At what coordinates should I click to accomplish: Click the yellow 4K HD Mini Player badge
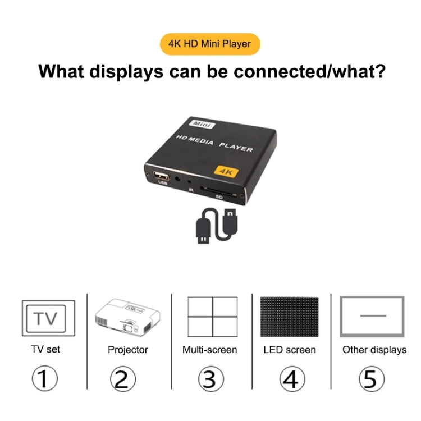[x=210, y=43]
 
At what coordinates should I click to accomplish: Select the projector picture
[x=129, y=317]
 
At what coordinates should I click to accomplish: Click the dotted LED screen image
[x=289, y=317]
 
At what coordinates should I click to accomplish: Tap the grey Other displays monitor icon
[x=373, y=316]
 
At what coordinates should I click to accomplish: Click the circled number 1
[x=44, y=379]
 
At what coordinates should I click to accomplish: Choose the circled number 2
[x=122, y=379]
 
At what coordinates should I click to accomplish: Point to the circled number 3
[x=209, y=379]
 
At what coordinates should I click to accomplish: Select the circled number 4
[x=290, y=379]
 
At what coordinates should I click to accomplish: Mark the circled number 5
[x=370, y=379]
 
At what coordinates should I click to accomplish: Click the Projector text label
[x=128, y=350]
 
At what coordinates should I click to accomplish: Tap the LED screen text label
[x=290, y=350]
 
